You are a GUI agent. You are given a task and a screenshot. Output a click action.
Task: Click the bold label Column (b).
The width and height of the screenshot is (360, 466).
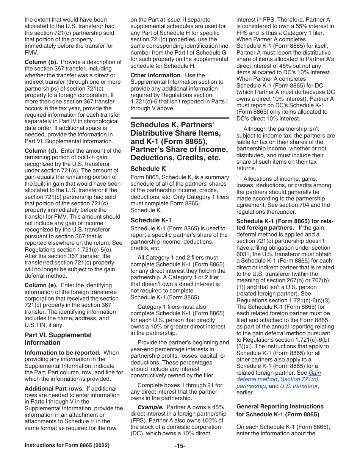pyautogui.click(x=41, y=62)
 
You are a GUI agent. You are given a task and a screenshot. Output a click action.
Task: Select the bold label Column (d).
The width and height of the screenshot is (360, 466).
pyautogui.click(x=41, y=151)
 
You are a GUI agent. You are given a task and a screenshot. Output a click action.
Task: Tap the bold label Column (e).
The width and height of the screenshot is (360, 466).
pyautogui.click(x=41, y=285)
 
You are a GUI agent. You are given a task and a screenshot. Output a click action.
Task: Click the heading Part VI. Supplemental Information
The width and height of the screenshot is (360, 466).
pyautogui.click(x=58, y=339)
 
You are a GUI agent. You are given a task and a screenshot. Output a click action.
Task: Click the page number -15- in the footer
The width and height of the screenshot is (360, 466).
pyautogui.click(x=180, y=446)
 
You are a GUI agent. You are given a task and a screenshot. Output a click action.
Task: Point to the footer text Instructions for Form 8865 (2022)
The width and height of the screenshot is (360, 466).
pyautogui.click(x=67, y=446)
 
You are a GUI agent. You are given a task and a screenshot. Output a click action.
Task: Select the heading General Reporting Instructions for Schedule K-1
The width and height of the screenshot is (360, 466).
pyautogui.click(x=280, y=410)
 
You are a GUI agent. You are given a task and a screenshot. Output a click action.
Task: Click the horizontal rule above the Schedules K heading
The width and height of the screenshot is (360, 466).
pyautogui.click(x=180, y=118)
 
